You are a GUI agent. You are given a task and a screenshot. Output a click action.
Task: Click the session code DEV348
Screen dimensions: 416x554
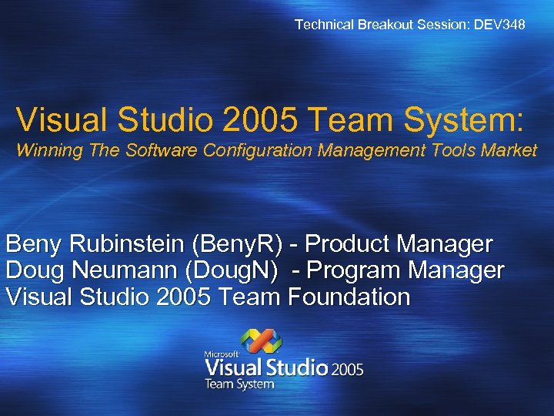(501, 25)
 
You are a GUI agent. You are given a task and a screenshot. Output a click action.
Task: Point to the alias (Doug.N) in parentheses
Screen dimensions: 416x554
(245, 271)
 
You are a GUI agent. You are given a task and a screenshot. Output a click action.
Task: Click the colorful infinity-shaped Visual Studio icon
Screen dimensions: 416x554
(262, 341)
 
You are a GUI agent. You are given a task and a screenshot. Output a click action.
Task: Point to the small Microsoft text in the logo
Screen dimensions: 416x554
(219, 354)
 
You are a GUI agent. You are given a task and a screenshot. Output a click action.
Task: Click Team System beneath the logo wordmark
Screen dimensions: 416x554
(239, 384)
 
